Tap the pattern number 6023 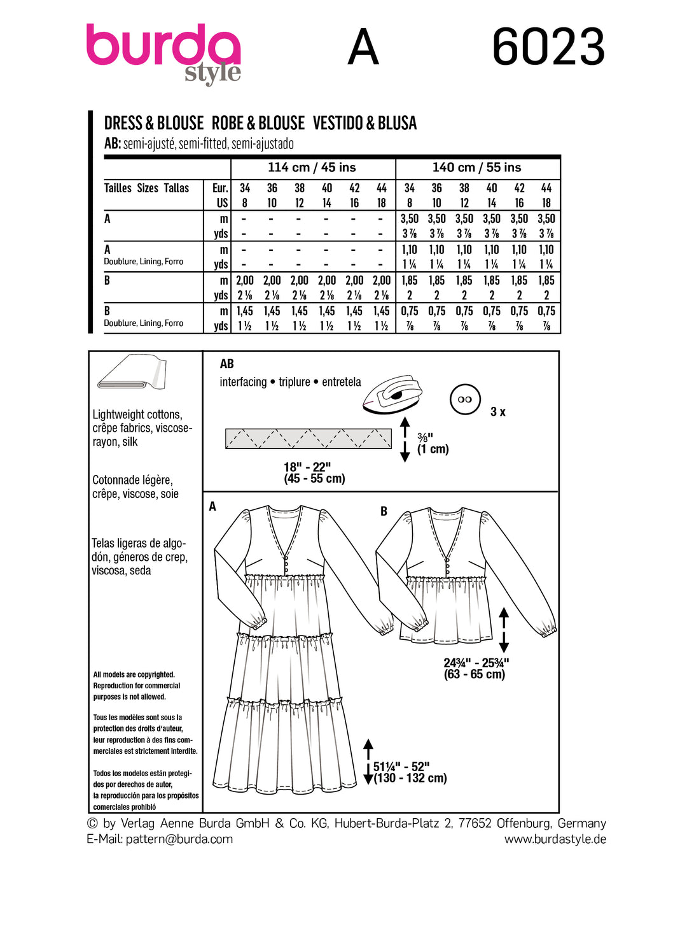[548, 47]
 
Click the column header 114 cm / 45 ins [312, 167]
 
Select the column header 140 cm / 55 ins [476, 167]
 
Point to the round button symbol [465, 399]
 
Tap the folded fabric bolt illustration [132, 372]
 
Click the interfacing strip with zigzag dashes [309, 439]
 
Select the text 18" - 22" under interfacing [307, 467]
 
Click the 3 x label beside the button [498, 412]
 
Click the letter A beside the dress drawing [212, 506]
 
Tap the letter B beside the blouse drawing [384, 511]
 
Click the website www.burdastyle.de [555, 839]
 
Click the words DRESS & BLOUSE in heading [154, 123]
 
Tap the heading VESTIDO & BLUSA [364, 123]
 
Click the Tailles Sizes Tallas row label [146, 188]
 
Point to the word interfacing [243, 382]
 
